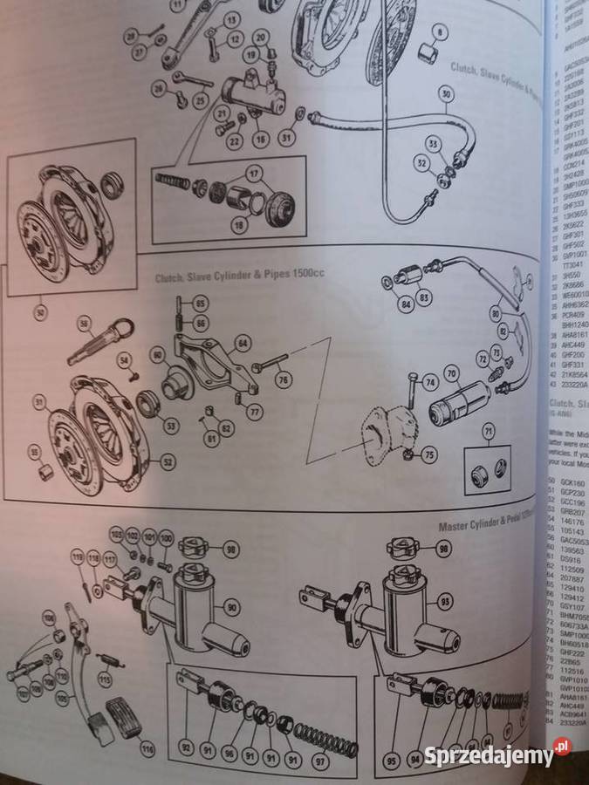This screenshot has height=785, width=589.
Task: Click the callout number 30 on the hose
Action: click(445, 94)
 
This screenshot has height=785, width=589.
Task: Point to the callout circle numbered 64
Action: click(243, 343)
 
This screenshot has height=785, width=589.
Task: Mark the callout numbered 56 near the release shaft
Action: click(85, 323)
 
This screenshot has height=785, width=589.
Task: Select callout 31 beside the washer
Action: click(288, 136)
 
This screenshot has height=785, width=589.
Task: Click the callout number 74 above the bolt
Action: click(428, 382)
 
